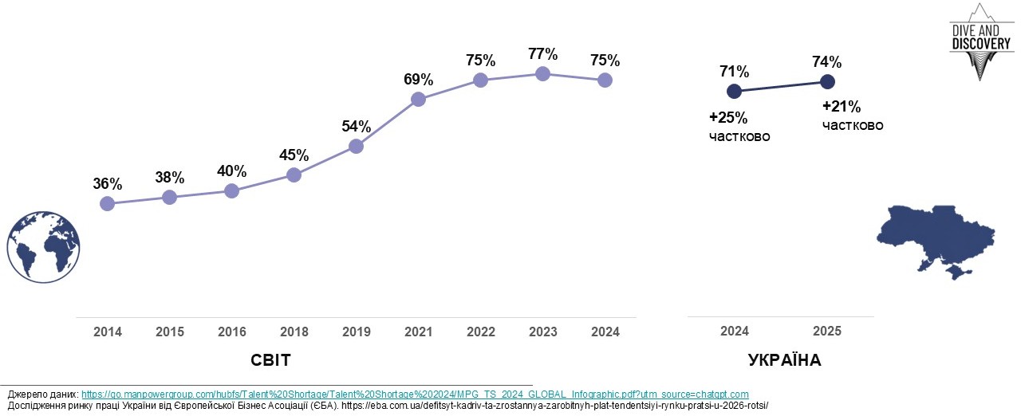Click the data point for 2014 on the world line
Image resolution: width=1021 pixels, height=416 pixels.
(107, 203)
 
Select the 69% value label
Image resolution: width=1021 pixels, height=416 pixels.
(418, 80)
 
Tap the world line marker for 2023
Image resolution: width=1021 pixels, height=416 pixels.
(542, 73)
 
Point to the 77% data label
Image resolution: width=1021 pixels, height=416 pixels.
(542, 54)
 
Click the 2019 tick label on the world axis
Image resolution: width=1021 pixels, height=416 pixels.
(356, 332)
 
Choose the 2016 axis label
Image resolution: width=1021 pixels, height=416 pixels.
(231, 332)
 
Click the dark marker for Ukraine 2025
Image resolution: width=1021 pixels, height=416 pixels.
(827, 81)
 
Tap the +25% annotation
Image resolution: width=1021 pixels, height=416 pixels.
(728, 118)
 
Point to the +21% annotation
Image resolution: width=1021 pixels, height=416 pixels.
(842, 107)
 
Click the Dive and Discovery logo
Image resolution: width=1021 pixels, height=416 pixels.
(980, 42)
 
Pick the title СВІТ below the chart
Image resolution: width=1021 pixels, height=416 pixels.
(270, 361)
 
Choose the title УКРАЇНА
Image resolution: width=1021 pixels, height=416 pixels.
(784, 361)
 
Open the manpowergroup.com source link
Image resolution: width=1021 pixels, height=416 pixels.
(415, 394)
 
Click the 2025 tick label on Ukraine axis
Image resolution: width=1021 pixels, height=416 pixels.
(826, 332)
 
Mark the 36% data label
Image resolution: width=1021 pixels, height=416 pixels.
(107, 184)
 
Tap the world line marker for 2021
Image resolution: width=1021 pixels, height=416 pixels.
(418, 99)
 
